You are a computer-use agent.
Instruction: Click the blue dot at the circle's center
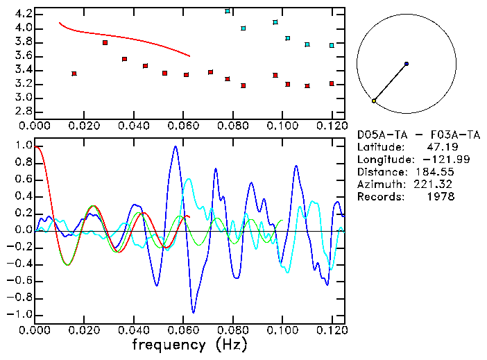406,64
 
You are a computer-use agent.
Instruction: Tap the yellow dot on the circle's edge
374,101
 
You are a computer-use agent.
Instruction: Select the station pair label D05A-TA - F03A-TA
418,135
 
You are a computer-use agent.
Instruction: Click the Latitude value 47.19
441,147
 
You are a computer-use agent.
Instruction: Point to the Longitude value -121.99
432,160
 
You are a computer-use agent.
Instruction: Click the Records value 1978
441,197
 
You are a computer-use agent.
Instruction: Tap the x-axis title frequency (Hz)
189,345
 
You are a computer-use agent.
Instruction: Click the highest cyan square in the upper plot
228,11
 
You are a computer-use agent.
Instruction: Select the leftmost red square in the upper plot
74,74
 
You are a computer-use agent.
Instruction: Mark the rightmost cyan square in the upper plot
332,46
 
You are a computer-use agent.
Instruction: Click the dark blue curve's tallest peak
176,146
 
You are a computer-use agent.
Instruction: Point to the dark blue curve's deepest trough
194,311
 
